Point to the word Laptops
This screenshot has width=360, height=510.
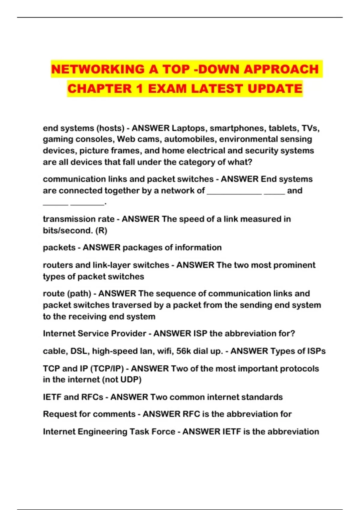pos(188,128)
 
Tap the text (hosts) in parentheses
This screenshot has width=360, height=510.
pos(110,128)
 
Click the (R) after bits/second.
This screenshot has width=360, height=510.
pos(101,231)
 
